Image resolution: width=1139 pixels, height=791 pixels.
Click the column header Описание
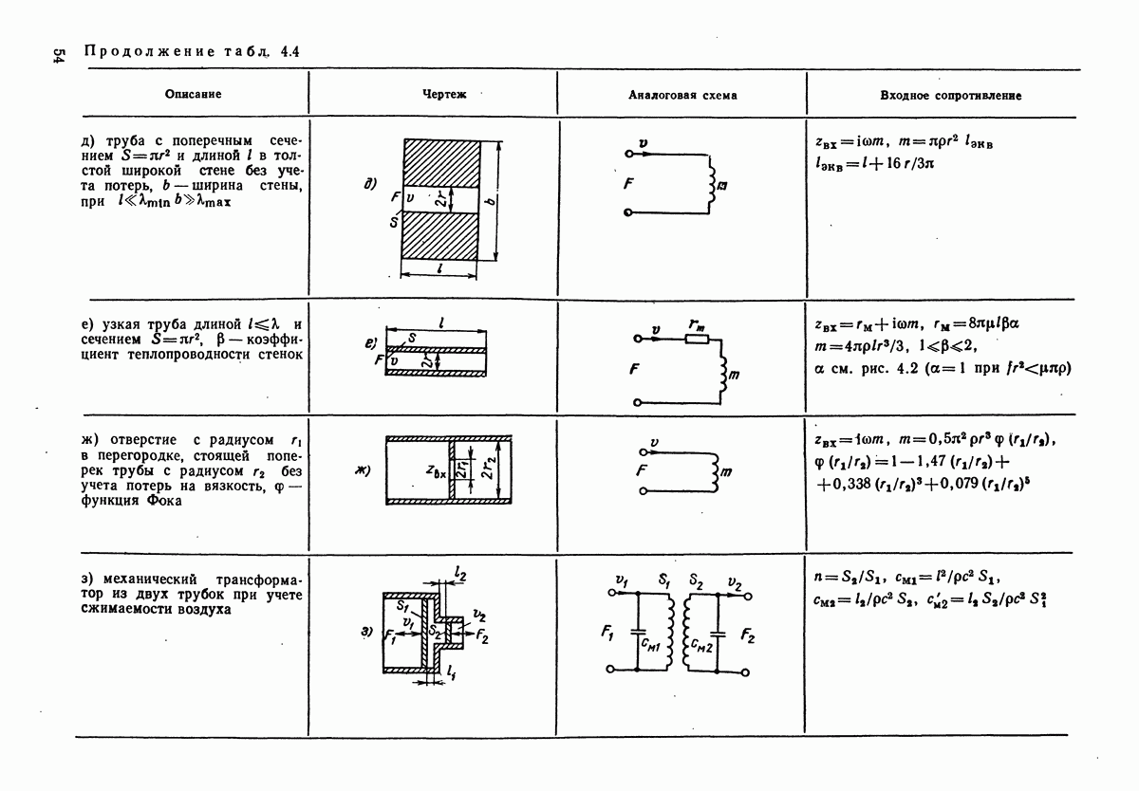click(x=193, y=95)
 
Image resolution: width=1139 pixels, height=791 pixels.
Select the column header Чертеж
click(x=437, y=95)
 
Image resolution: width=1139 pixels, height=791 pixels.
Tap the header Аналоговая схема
click(x=682, y=96)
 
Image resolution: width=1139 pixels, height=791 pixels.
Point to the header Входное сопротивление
click(x=950, y=96)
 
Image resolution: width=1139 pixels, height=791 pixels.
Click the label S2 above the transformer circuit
click(x=696, y=579)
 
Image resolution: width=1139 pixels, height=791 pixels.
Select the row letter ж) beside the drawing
click(x=362, y=469)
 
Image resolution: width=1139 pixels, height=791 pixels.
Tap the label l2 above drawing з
click(x=459, y=573)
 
